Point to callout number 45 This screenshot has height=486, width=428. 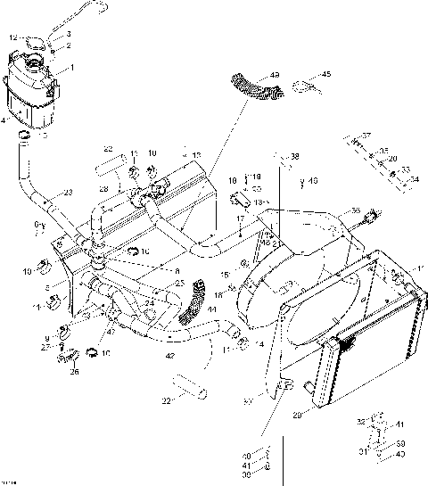pos(325,75)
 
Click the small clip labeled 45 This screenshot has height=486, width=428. pos(304,88)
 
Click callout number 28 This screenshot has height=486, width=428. pos(104,189)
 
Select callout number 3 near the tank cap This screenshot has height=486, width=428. pos(69,34)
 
